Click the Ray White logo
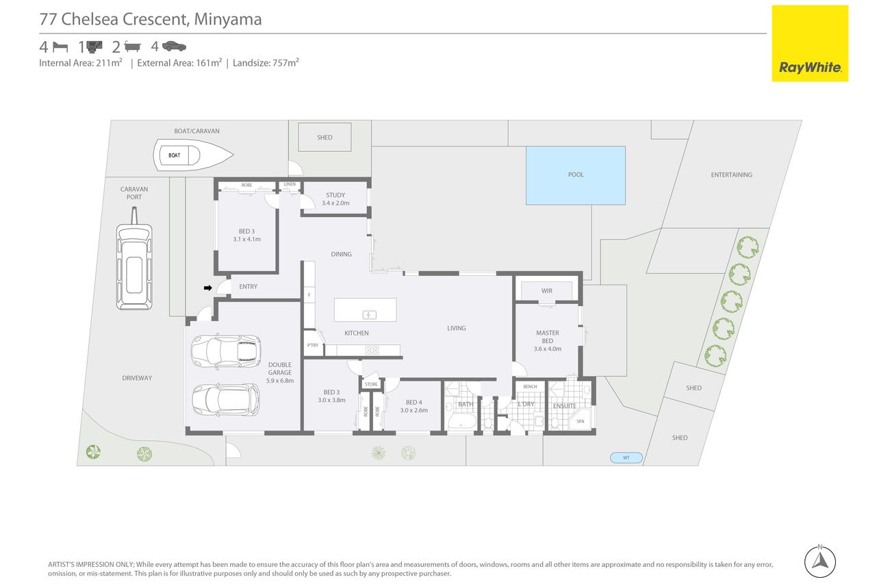(x=810, y=43)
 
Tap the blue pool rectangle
(x=575, y=175)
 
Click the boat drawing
(x=193, y=155)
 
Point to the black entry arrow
(x=208, y=288)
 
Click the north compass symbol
(x=819, y=561)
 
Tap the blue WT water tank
(x=626, y=458)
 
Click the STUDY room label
(x=335, y=199)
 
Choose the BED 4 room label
(x=414, y=406)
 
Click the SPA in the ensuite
(x=581, y=421)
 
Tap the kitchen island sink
(x=369, y=314)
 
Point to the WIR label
(x=546, y=291)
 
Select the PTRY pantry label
(x=313, y=346)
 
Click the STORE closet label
(x=371, y=384)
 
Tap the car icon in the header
(x=174, y=47)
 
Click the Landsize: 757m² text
(x=266, y=63)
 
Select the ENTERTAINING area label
(x=731, y=175)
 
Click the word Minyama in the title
(x=227, y=19)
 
